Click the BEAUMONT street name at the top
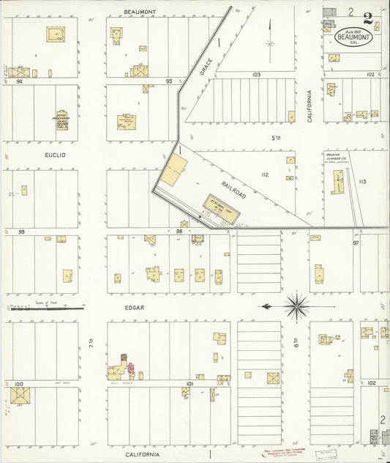click(x=140, y=12)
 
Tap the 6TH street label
click(x=296, y=343)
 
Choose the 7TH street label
click(x=91, y=343)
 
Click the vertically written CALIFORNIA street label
click(x=310, y=105)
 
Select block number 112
click(x=264, y=175)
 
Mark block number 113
click(x=362, y=181)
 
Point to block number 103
click(x=256, y=75)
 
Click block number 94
click(x=20, y=82)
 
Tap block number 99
click(x=22, y=231)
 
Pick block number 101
click(x=189, y=383)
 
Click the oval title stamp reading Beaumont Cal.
click(x=353, y=37)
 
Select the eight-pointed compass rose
click(x=297, y=305)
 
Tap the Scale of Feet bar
click(x=45, y=308)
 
